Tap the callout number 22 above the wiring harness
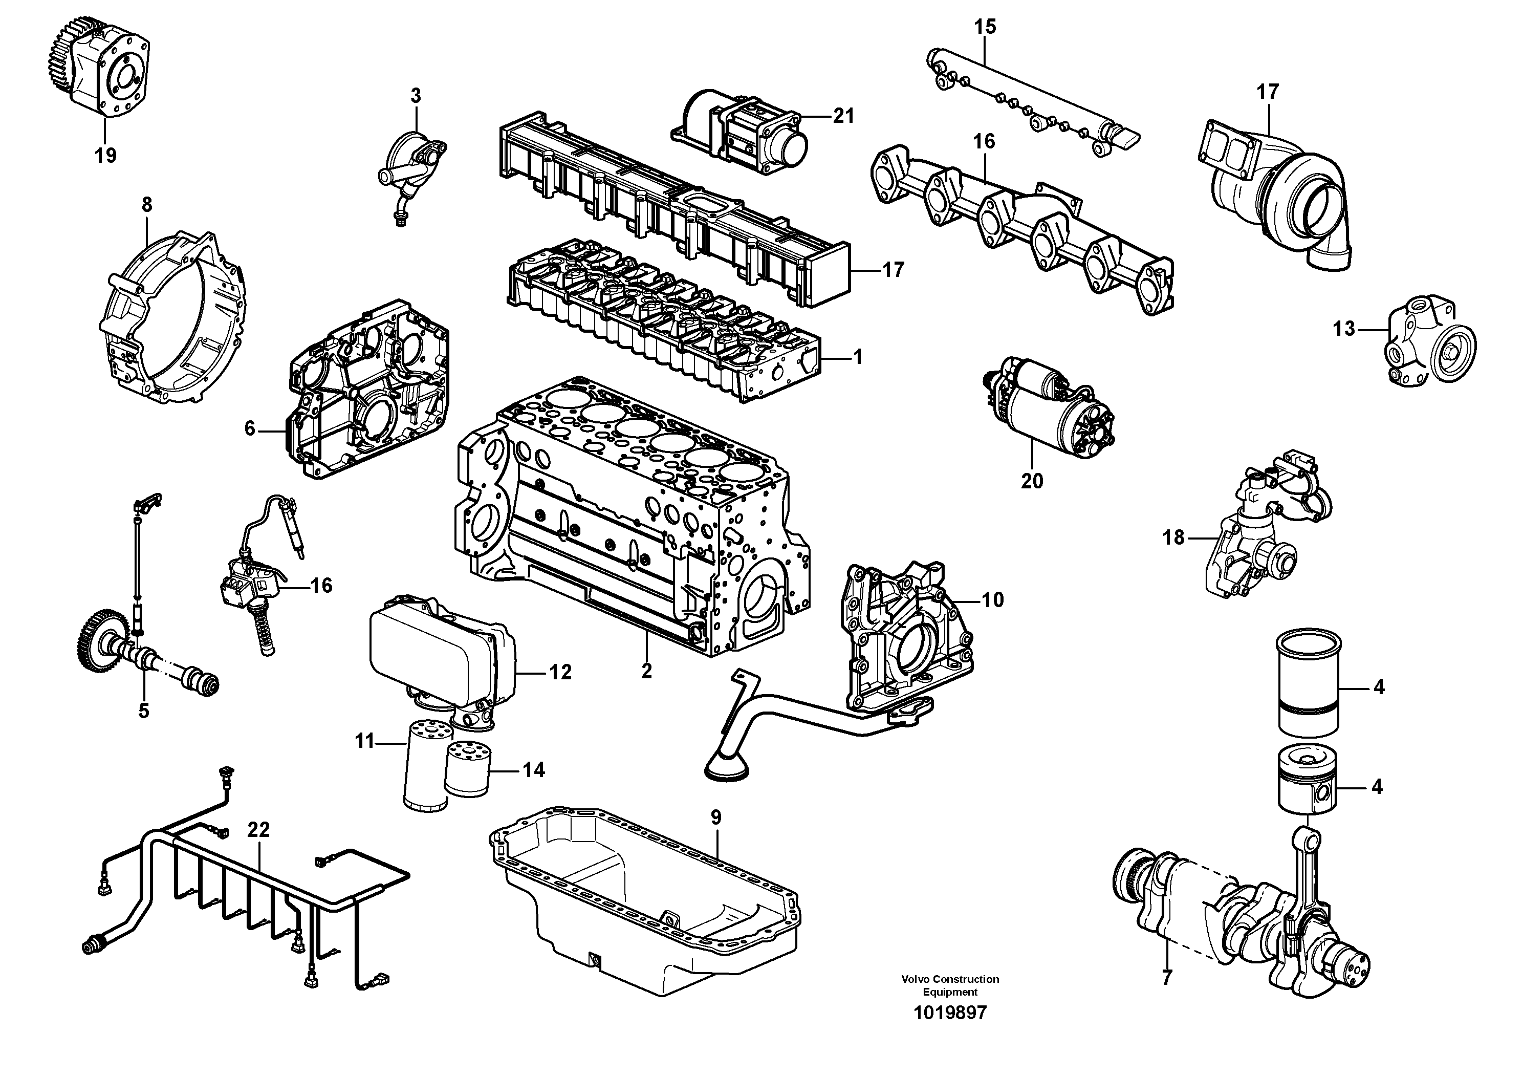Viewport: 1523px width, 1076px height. tap(259, 829)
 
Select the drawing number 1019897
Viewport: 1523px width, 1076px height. tap(950, 1031)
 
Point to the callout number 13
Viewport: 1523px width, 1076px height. tap(1344, 328)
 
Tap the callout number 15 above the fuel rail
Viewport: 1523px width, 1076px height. tap(985, 27)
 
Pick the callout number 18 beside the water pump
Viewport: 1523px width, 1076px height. tap(1173, 537)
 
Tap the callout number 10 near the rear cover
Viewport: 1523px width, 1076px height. tap(992, 600)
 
